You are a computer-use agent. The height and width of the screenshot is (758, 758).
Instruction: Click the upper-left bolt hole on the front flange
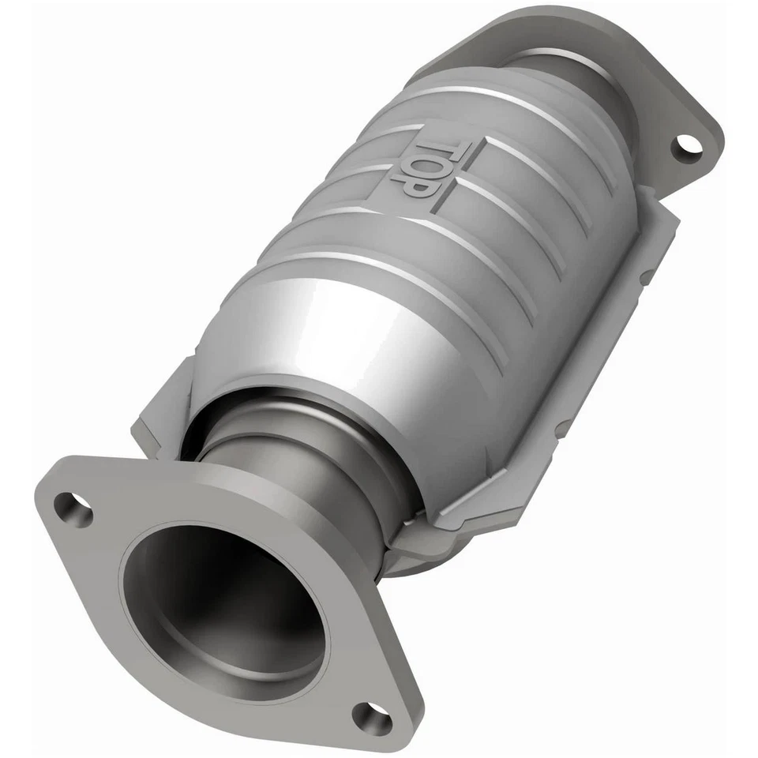point(73,508)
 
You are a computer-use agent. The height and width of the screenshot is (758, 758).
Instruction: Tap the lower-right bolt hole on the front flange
point(371,718)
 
